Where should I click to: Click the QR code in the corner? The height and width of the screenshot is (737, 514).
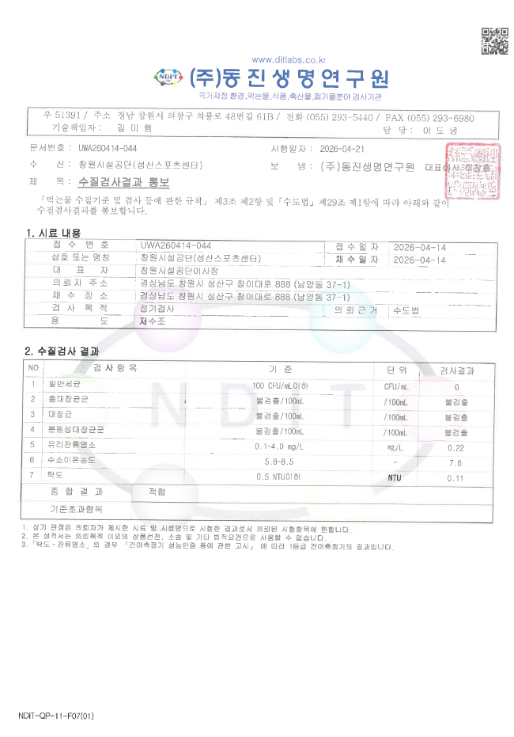point(494,41)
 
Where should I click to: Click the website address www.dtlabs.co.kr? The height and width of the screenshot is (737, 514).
point(289,60)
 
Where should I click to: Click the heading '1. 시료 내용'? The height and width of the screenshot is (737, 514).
point(53,233)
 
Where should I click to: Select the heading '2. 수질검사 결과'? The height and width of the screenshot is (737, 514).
point(62,351)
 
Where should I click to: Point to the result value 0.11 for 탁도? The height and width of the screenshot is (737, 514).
point(455,477)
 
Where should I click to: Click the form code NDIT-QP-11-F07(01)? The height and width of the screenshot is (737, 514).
point(55,716)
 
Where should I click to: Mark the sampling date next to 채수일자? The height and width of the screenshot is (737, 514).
point(419,260)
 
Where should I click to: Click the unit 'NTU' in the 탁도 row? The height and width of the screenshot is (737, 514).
point(395,477)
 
